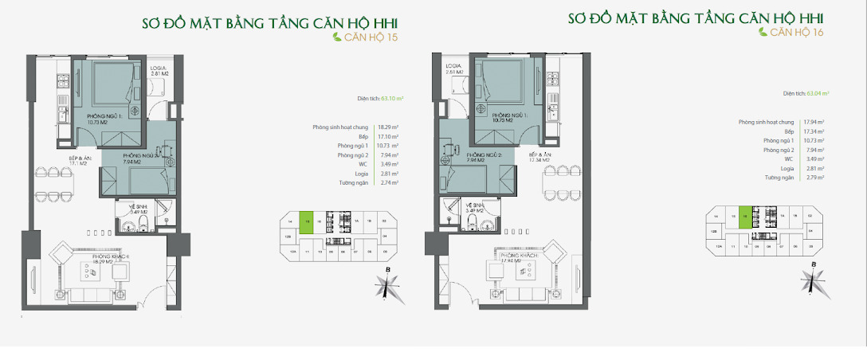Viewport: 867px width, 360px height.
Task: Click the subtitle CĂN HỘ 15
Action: point(372,37)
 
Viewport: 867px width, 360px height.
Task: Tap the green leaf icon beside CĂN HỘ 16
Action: point(763,33)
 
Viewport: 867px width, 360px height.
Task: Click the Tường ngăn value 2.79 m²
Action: point(814,177)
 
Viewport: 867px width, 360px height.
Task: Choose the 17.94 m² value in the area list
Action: point(814,122)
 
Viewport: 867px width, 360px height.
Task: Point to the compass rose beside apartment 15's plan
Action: point(386,284)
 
